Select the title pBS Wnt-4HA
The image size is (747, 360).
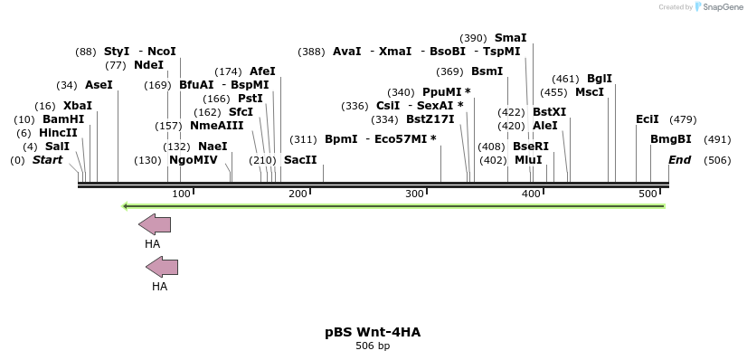(x=373, y=332)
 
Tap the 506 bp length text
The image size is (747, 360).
(x=373, y=346)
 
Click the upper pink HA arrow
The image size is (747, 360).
(x=154, y=224)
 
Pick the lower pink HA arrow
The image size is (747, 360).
(x=161, y=267)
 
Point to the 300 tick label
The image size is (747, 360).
(x=415, y=194)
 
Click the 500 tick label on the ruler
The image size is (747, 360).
(x=648, y=194)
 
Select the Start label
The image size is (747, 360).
(x=48, y=160)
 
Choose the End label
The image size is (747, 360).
(x=679, y=160)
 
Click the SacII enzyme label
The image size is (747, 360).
(x=300, y=160)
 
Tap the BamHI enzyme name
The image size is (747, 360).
(x=63, y=119)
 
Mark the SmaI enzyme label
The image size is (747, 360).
(x=510, y=38)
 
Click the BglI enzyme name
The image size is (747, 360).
(x=600, y=79)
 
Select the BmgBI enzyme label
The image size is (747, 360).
(x=671, y=139)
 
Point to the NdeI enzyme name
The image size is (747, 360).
(x=148, y=65)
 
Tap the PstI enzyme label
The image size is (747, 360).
(x=250, y=99)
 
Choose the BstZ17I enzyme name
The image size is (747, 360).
(x=430, y=119)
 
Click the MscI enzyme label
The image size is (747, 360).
(x=590, y=92)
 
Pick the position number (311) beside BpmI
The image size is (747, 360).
(x=303, y=139)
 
